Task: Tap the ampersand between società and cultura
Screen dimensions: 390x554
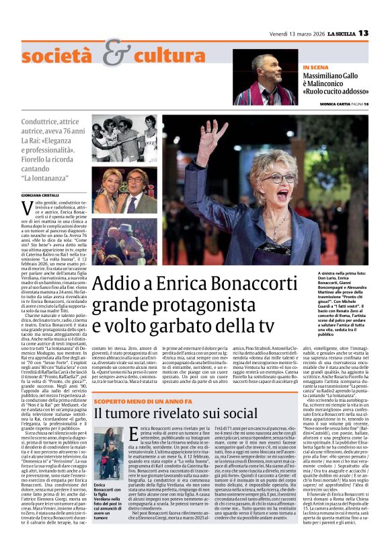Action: (116, 51)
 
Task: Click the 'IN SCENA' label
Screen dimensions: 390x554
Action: (315, 67)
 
